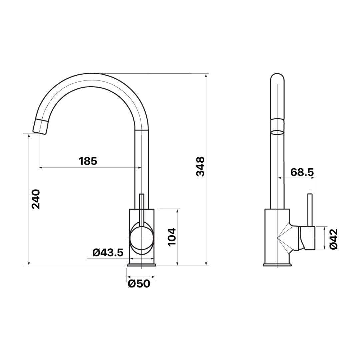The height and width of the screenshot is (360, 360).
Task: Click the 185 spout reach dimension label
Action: coord(88,161)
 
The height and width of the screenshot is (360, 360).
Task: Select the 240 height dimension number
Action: coord(36,199)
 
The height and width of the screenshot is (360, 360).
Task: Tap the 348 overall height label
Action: coord(200,166)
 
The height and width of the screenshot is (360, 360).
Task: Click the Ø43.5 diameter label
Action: coord(108,253)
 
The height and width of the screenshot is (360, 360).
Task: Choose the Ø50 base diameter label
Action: coord(139,284)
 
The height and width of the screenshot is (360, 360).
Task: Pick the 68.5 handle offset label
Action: coord(302,172)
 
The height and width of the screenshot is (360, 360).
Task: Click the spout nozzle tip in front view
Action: coord(41,126)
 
